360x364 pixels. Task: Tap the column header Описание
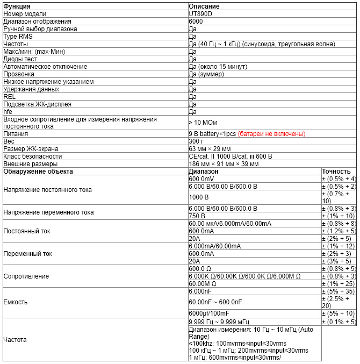click(x=205, y=6)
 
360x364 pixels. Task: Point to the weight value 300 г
click(x=196, y=141)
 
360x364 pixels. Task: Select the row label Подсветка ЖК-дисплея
click(x=37, y=104)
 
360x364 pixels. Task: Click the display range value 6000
click(x=196, y=21)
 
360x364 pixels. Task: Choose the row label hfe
click(x=8, y=111)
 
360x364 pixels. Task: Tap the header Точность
click(x=336, y=171)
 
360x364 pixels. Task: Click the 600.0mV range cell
click(x=201, y=179)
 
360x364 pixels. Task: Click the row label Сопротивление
click(x=26, y=276)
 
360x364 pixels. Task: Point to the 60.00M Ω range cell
click(x=203, y=283)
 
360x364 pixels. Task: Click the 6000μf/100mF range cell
click(x=208, y=313)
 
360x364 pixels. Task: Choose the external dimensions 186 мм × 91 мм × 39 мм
click(x=224, y=163)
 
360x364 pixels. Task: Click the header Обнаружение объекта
click(x=38, y=171)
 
